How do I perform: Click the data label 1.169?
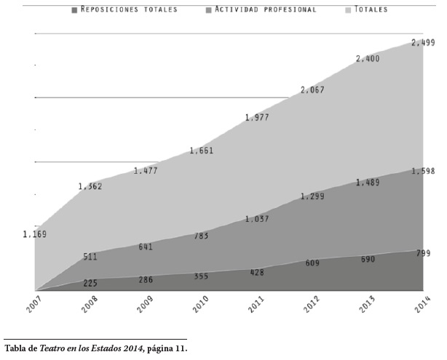tap(34, 234)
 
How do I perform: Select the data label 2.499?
tap(422, 43)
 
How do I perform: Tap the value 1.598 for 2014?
tap(423, 172)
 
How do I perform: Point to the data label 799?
tap(423, 253)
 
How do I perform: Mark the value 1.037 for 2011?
tap(257, 219)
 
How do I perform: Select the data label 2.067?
tap(312, 90)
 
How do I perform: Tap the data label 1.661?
tap(201, 151)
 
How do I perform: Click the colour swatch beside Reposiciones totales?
tap(74, 10)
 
